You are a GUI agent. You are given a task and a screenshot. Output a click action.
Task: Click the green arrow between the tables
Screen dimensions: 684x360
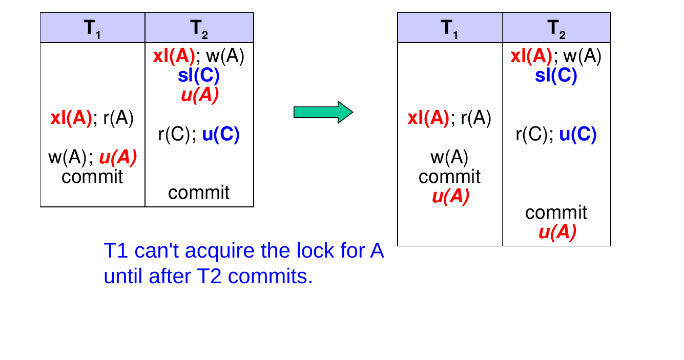pyautogui.click(x=323, y=112)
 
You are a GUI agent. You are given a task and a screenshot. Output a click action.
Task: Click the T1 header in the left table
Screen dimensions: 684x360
pyautogui.click(x=92, y=29)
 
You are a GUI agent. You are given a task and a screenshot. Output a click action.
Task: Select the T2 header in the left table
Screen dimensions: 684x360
pyautogui.click(x=199, y=29)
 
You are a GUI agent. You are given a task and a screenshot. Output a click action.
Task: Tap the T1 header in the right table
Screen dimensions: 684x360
pyautogui.click(x=449, y=29)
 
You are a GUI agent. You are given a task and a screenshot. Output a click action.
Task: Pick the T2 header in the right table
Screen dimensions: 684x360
pyautogui.click(x=556, y=29)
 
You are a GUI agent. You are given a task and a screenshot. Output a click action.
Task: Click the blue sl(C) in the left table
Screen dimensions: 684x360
pyautogui.click(x=199, y=75)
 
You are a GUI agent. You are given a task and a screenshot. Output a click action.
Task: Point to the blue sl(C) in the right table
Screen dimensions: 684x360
pyautogui.click(x=556, y=75)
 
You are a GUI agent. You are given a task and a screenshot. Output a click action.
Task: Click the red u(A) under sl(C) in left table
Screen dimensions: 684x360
pyautogui.click(x=200, y=95)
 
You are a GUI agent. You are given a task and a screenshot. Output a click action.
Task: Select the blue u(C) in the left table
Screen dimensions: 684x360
pyautogui.click(x=221, y=134)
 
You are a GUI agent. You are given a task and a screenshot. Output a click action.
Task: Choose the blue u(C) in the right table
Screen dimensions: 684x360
pyautogui.click(x=578, y=134)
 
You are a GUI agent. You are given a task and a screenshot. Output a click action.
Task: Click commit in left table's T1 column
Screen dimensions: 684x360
pyautogui.click(x=92, y=177)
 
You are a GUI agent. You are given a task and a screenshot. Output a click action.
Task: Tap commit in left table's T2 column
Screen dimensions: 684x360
pyautogui.click(x=199, y=193)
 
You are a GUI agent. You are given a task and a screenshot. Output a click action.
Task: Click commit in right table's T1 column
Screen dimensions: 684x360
pyautogui.click(x=449, y=177)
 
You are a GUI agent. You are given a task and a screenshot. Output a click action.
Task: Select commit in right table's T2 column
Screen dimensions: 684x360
pyautogui.click(x=556, y=213)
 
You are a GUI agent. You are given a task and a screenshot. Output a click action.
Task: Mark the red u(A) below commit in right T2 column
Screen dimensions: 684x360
pyautogui.click(x=557, y=232)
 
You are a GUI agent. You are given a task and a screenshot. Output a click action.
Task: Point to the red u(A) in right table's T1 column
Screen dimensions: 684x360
pyautogui.click(x=451, y=196)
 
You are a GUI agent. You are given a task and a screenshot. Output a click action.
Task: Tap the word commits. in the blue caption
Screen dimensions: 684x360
pyautogui.click(x=271, y=276)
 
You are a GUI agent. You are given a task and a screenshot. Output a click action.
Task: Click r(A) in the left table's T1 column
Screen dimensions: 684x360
pyautogui.click(x=118, y=118)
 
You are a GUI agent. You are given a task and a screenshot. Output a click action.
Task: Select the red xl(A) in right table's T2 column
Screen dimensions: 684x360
pyautogui.click(x=531, y=56)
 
